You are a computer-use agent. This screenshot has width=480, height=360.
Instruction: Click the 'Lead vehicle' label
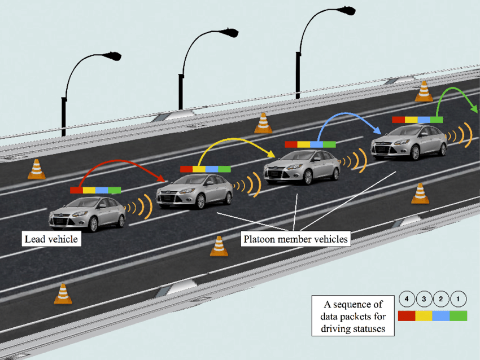(51, 239)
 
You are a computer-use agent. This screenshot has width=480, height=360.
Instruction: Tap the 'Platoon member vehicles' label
(295, 239)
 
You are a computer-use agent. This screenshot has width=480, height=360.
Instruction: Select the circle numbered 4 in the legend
(407, 298)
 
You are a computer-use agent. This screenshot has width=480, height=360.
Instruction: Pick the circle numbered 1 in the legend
(458, 298)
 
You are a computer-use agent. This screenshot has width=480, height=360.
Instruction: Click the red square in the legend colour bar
(407, 315)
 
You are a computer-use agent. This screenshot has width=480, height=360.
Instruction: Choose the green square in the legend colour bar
(459, 315)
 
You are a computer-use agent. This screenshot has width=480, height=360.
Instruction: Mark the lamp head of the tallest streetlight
(345, 11)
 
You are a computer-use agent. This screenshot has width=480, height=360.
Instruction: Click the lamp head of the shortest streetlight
(112, 56)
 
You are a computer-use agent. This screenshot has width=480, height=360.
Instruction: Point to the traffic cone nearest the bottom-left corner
(63, 294)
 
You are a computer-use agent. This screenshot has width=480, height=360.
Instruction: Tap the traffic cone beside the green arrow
(424, 92)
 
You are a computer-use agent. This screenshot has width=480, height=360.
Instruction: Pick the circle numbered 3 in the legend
(424, 298)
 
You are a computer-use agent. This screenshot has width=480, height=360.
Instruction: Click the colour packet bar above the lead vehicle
(95, 190)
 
